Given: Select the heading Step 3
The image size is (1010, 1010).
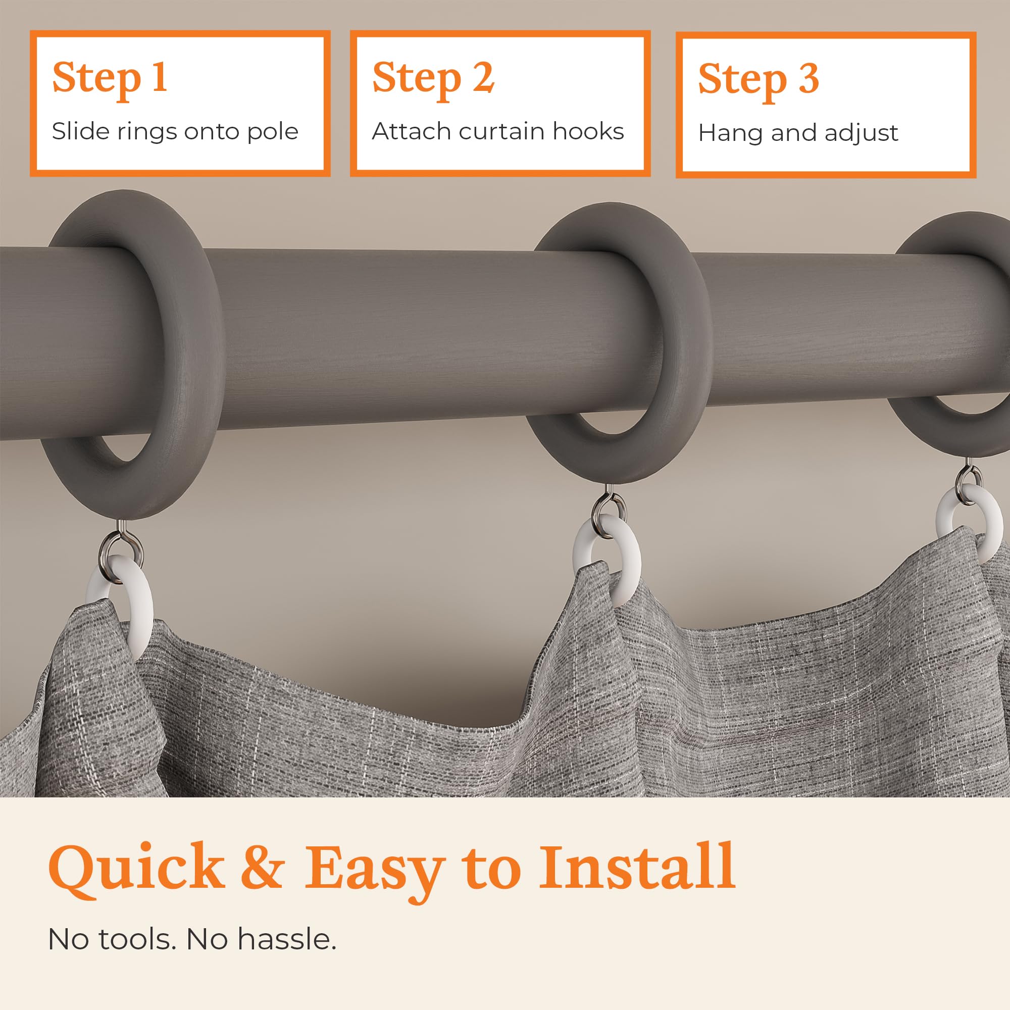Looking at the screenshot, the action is click(759, 79).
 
